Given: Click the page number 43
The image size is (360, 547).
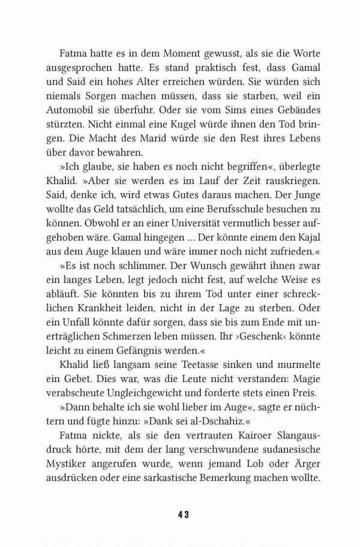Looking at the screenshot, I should pyautogui.click(x=184, y=515).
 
